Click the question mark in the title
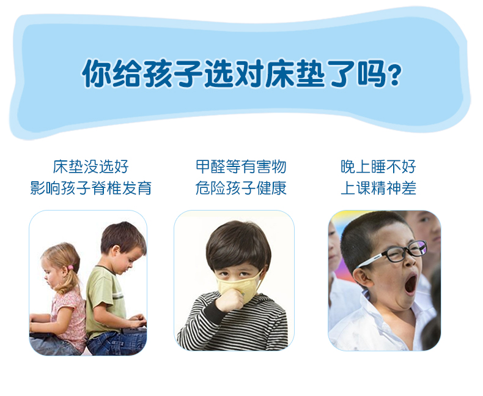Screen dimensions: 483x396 pyautogui.click(x=395, y=75)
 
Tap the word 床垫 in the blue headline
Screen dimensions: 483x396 pyautogui.click(x=295, y=73)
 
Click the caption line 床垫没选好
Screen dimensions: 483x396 pyautogui.click(x=90, y=166)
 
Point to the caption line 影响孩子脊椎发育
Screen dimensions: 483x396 pyautogui.click(x=91, y=188)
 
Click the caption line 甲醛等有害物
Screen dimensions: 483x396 pyautogui.click(x=241, y=166)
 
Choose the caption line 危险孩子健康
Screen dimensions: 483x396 pyautogui.click(x=241, y=188)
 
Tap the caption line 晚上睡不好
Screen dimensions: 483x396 pyautogui.click(x=378, y=166)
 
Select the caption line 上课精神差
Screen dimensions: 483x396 pyautogui.click(x=378, y=188)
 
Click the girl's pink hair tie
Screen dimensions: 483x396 pyautogui.click(x=70, y=267)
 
